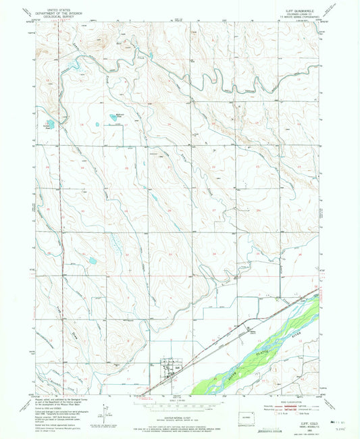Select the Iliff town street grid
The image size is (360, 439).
166,369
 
